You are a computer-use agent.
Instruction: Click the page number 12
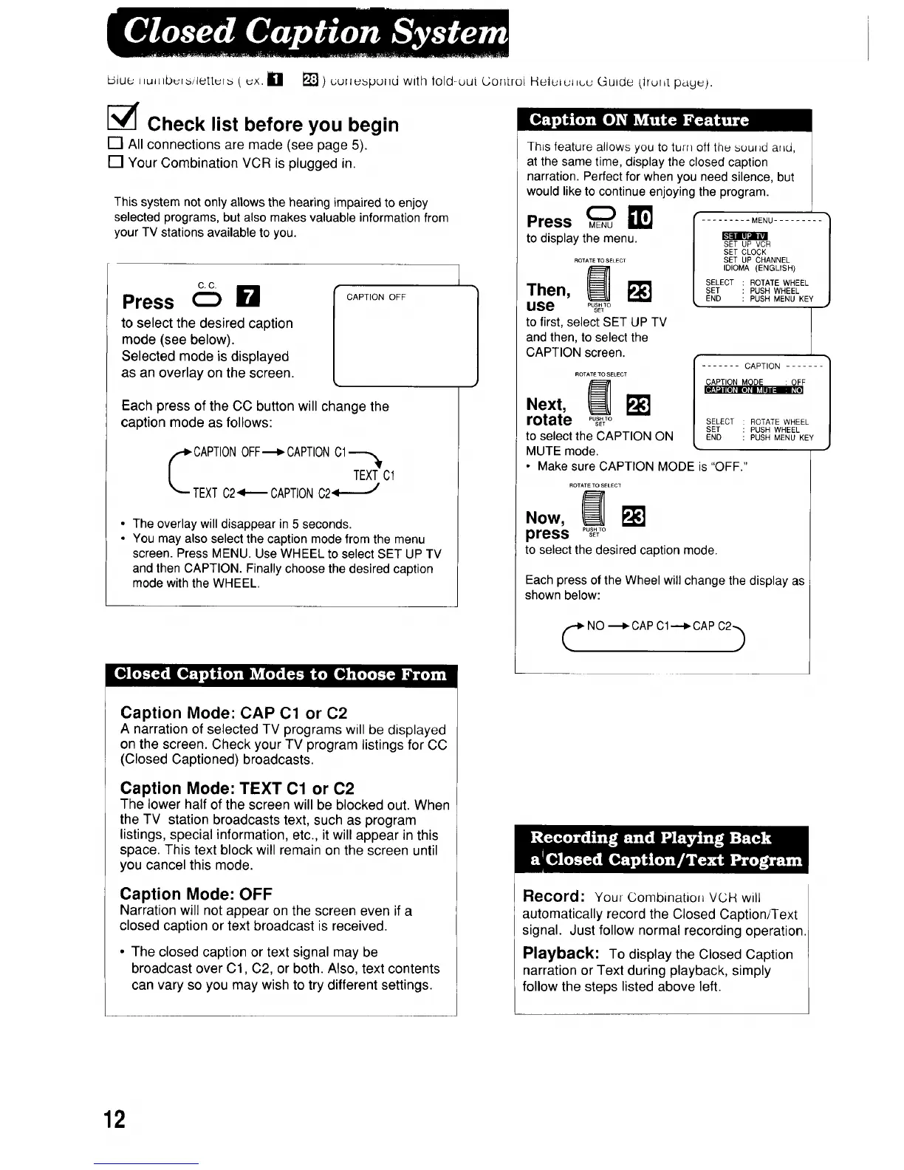pos(114,1119)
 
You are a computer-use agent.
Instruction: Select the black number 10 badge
pos(640,219)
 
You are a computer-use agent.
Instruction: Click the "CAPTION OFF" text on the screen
pos(376,298)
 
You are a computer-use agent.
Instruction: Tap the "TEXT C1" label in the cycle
pos(374,475)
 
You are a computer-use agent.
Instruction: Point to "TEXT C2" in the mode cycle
pos(214,493)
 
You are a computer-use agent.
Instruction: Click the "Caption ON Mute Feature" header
pos(640,120)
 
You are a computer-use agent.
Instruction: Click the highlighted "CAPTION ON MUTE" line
pos(753,390)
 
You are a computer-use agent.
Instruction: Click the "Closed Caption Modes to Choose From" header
pos(281,674)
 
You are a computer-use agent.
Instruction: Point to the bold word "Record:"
pos(554,897)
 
